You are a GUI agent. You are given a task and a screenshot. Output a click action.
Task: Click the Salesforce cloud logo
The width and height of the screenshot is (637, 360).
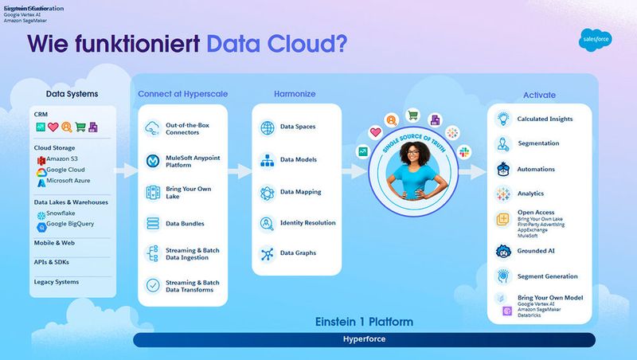pos(591,42)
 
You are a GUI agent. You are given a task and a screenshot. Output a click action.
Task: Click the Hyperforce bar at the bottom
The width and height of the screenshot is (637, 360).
pos(364,340)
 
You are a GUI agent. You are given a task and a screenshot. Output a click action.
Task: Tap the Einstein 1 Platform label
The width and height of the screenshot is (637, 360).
pos(364,322)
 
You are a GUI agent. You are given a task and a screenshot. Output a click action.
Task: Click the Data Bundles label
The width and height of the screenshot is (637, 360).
pos(184,223)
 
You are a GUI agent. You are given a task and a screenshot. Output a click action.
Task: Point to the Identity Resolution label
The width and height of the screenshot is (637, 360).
pos(307,223)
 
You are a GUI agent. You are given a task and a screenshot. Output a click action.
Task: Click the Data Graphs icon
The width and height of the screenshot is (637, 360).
pos(266,253)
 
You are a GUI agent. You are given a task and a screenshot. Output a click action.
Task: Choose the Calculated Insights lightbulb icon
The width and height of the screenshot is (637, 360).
pos(502,119)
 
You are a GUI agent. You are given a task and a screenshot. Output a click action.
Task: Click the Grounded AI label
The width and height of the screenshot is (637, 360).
pos(536,251)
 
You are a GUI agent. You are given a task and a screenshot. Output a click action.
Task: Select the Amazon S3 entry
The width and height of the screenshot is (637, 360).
pos(64,160)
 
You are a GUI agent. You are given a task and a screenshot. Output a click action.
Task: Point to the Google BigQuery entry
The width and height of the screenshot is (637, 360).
pos(70,224)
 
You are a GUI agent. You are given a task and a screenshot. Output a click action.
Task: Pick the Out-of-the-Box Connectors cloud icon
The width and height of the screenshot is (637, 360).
pos(152,127)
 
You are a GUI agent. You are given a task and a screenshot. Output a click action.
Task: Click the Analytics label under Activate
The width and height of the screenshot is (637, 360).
pos(530,194)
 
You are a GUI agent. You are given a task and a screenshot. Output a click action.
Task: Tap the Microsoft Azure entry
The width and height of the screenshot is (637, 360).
pos(70,182)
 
